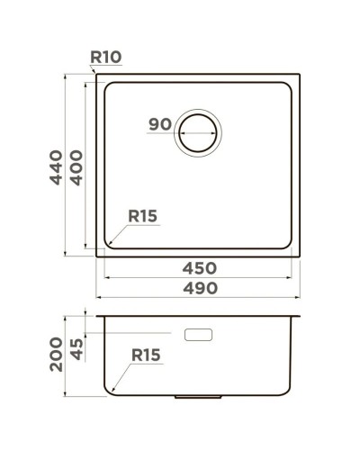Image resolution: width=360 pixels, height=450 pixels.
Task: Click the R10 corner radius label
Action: pos(106,58)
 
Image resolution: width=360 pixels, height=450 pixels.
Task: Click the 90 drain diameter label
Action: pos(160,125)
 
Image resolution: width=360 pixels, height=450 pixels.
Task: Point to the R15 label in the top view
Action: pos(142,216)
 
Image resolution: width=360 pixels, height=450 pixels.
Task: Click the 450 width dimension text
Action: pos(199,268)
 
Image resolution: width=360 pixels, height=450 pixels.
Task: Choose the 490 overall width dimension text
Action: pos(199,288)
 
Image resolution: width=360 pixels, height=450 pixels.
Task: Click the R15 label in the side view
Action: pos(145,355)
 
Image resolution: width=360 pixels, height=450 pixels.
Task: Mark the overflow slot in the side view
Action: pos(198,334)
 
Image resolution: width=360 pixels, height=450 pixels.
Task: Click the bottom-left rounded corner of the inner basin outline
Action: pos(109,245)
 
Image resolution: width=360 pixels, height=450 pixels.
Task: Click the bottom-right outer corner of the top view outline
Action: pos(300,256)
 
